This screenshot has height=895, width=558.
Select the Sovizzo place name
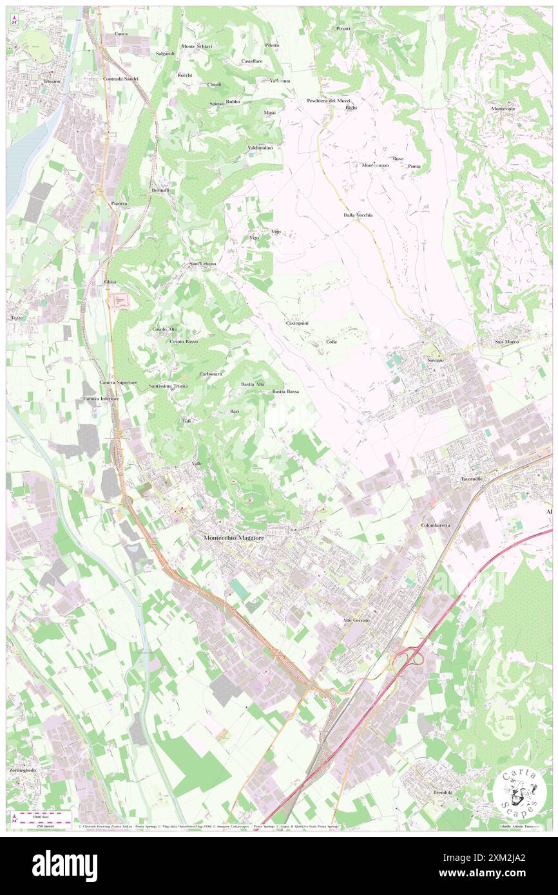(435, 360)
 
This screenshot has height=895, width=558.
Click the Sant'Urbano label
(202, 264)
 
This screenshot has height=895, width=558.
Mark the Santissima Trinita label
(168, 386)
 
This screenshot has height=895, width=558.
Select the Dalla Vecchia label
(358, 214)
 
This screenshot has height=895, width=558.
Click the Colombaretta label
(436, 525)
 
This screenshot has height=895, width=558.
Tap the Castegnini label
(296, 323)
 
